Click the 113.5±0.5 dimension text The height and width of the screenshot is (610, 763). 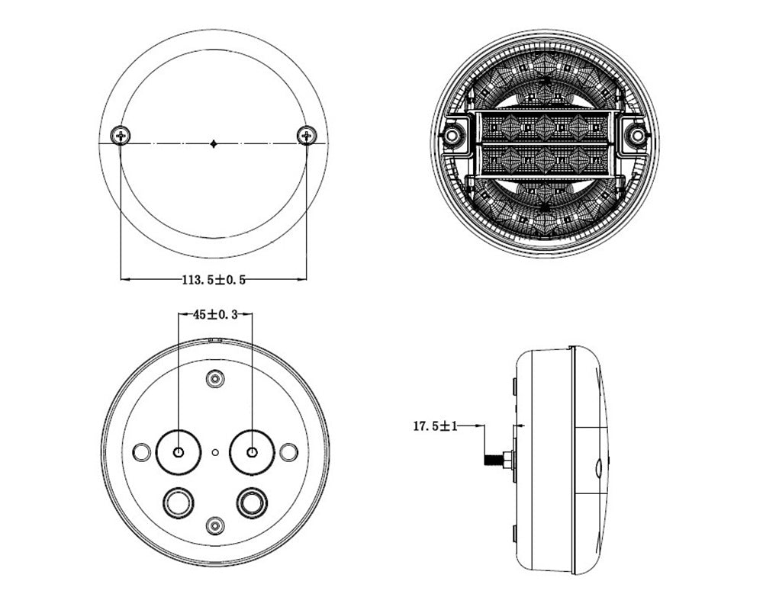(x=214, y=280)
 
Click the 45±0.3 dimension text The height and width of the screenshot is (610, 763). (x=215, y=315)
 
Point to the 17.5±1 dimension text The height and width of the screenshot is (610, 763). (x=435, y=426)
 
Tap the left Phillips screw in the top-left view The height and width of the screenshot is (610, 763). (x=121, y=135)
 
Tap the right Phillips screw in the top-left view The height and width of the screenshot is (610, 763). (x=306, y=135)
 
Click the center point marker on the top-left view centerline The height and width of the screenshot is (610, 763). (x=213, y=143)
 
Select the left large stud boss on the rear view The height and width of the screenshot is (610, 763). (x=179, y=452)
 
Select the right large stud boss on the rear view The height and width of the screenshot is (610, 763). (x=252, y=452)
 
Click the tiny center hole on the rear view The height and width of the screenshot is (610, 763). (x=215, y=452)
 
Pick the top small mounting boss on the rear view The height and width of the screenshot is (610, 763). (x=215, y=378)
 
